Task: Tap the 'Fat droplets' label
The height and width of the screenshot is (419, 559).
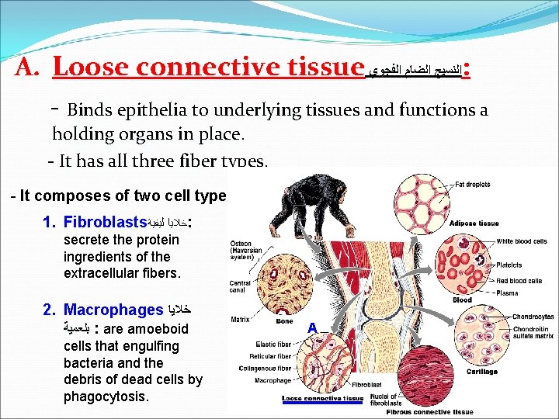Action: [474, 185]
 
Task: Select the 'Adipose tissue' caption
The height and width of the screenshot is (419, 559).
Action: [474, 223]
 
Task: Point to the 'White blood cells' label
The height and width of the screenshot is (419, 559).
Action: [521, 242]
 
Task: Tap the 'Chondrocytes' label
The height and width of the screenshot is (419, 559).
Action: [533, 317]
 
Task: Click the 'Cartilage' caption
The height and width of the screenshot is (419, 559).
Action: [482, 372]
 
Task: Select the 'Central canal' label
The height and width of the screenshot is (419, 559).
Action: [239, 286]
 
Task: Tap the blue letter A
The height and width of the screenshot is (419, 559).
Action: [311, 328]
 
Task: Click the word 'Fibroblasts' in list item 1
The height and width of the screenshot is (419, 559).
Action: [106, 222]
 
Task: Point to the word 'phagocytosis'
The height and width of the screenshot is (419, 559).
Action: [106, 396]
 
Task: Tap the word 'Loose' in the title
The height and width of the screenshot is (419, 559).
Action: [88, 68]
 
